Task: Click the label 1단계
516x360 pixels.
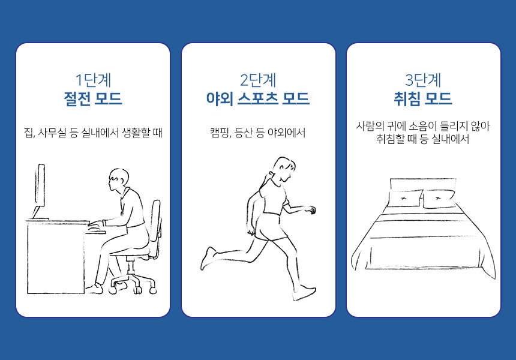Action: coord(92,79)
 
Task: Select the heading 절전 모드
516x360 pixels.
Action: coord(92,98)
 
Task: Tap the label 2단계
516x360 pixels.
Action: coord(258,79)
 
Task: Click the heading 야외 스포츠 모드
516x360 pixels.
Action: coord(258,98)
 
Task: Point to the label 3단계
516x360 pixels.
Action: coord(424,79)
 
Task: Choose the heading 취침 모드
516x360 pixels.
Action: coord(424,98)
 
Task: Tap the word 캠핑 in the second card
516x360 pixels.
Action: coord(220,133)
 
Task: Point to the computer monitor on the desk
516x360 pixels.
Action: coord(39,191)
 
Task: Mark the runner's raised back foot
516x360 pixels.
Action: coord(208,258)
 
